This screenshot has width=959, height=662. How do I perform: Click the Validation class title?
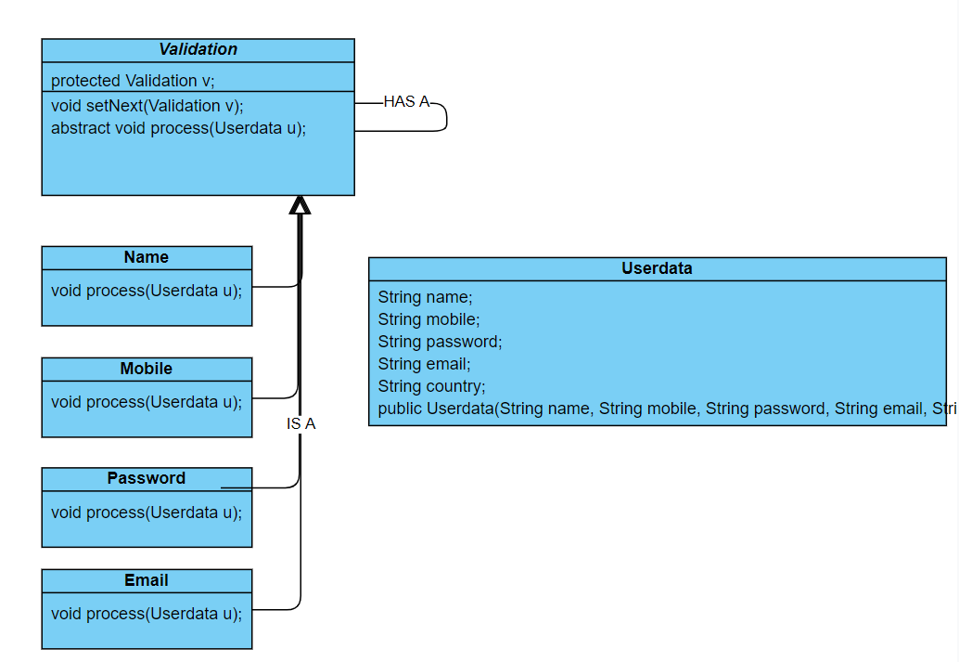click(198, 50)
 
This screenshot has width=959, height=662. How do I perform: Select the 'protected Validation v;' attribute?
click(133, 81)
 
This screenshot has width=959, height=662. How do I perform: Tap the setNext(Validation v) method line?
click(147, 105)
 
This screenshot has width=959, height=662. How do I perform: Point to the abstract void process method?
click(178, 127)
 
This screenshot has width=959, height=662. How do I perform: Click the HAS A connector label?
click(406, 102)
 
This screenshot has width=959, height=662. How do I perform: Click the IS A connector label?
click(300, 423)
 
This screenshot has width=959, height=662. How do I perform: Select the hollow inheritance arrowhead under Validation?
click(300, 205)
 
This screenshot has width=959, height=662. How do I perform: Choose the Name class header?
click(147, 257)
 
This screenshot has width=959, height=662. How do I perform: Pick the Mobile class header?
click(147, 369)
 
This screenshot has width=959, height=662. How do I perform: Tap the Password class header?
click(147, 478)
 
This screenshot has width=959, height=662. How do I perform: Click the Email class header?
click(147, 580)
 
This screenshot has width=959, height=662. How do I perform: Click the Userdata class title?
click(657, 268)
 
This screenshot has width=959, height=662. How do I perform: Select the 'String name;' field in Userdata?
click(425, 297)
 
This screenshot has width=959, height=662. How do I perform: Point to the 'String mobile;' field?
click(428, 319)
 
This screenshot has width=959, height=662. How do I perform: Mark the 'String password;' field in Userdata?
click(440, 342)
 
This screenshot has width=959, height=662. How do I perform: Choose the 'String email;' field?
click(424, 364)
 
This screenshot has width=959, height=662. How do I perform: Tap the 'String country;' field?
click(431, 386)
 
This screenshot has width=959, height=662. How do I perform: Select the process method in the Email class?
click(147, 614)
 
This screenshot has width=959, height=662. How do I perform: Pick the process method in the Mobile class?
click(147, 402)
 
